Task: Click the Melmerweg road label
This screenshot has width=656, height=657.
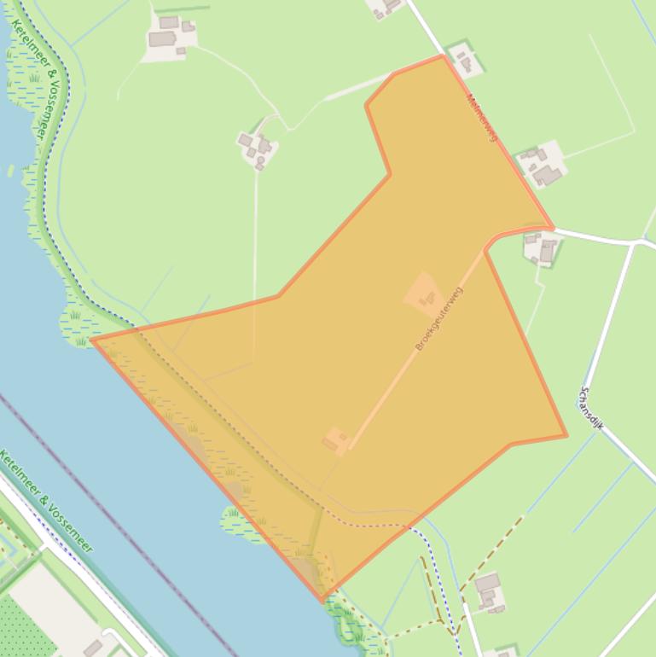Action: (481, 117)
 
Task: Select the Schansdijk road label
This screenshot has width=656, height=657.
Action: (591, 407)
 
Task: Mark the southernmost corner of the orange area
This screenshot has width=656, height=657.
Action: (323, 601)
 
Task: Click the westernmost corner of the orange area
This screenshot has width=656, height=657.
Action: (93, 340)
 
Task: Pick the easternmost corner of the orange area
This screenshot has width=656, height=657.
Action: (566, 436)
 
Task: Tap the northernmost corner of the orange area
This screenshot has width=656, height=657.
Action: (443, 56)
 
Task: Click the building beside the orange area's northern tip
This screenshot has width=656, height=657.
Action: (464, 61)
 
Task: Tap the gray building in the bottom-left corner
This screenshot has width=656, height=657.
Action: (93, 648)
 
